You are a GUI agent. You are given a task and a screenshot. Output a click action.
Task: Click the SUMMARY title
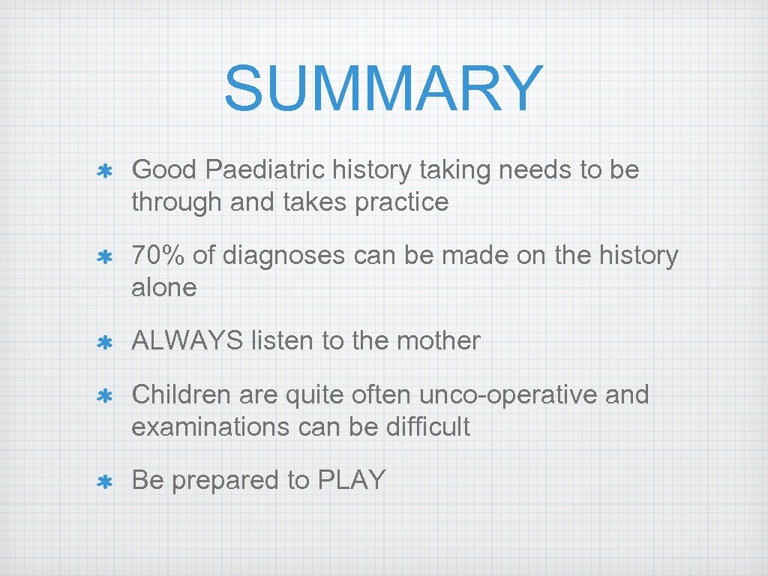coord(383,88)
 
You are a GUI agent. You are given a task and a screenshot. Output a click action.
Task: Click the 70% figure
coord(158,256)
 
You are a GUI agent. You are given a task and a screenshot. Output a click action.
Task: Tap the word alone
coord(163,287)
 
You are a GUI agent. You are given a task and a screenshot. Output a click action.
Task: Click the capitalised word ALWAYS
coord(187,340)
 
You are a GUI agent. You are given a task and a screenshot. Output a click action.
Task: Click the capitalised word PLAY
coord(352,480)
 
